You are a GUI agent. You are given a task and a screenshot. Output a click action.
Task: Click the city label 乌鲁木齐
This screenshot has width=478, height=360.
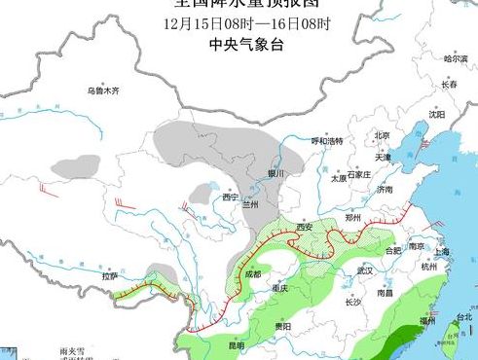102,90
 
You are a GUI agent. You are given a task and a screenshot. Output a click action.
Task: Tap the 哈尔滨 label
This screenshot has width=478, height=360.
456,59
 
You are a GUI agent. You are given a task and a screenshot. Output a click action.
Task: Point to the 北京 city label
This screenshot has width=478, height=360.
382,135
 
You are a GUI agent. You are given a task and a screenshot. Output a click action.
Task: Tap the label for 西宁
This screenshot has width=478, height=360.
230,198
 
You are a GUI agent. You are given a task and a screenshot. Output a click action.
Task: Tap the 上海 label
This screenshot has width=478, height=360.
442,251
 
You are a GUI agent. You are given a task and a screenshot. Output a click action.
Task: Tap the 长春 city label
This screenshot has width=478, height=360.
449,85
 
